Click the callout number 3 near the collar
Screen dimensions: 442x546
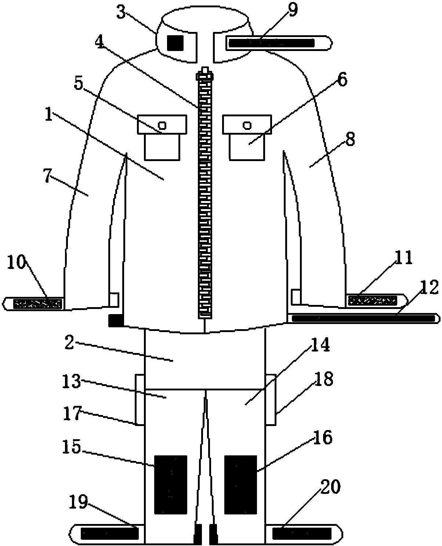coord(121,12)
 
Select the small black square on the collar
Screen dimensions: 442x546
coord(175,43)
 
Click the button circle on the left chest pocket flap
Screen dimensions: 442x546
coord(162,125)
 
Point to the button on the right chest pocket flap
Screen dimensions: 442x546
coord(247,125)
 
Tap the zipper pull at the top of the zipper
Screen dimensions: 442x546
coord(205,74)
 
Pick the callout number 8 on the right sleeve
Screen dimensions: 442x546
coord(350,139)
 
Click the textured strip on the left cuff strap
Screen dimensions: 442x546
coord(38,304)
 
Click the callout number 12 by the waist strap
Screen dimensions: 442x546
coord(429,287)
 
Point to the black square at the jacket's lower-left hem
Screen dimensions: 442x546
coord(116,320)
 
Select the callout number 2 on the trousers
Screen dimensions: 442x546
coord(69,342)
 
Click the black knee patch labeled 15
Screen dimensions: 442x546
coord(170,484)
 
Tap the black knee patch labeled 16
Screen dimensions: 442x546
coord(240,484)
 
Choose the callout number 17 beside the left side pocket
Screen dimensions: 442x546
coord(73,413)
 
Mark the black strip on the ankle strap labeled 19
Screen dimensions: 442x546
coord(110,534)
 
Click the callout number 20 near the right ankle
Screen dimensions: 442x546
coord(331,486)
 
